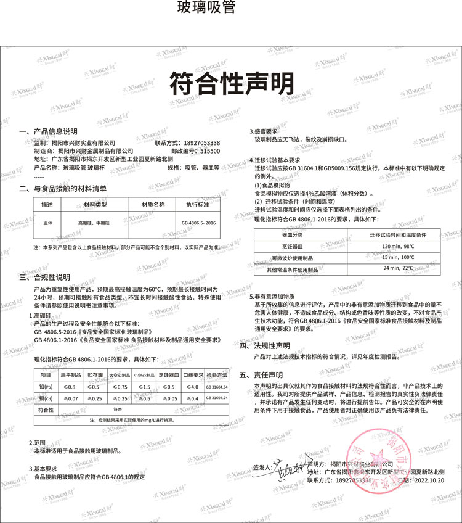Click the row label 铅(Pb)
tap(46, 386)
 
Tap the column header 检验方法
tap(216, 375)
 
